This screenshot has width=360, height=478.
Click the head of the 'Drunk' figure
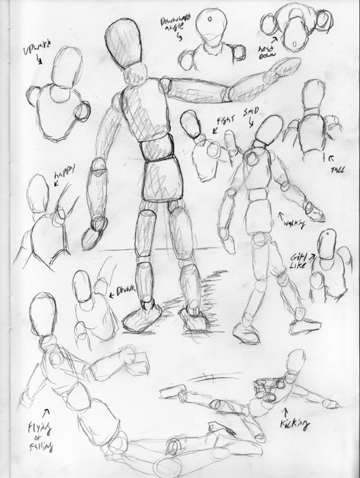(x=84, y=288)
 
